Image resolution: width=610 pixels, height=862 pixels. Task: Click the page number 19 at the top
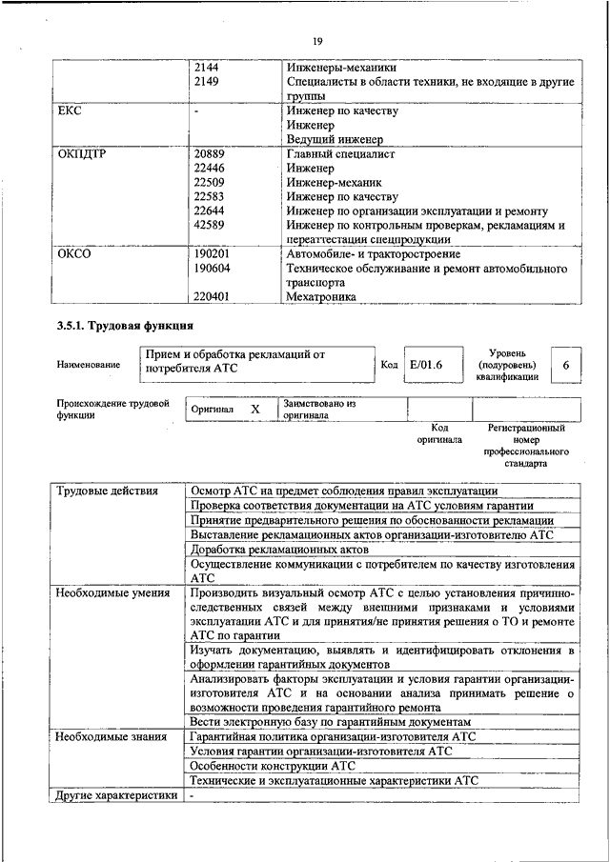[x=317, y=40]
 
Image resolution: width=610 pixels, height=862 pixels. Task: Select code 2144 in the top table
[x=206, y=68]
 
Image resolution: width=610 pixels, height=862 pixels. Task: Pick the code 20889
[x=209, y=153]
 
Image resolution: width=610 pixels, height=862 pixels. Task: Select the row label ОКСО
[x=72, y=254]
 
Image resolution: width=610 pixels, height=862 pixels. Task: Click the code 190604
[x=212, y=270]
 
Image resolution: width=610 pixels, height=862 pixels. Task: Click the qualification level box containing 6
[x=566, y=366]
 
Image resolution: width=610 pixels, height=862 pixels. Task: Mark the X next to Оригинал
[x=254, y=409]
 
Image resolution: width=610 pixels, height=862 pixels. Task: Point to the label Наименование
[x=89, y=365]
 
